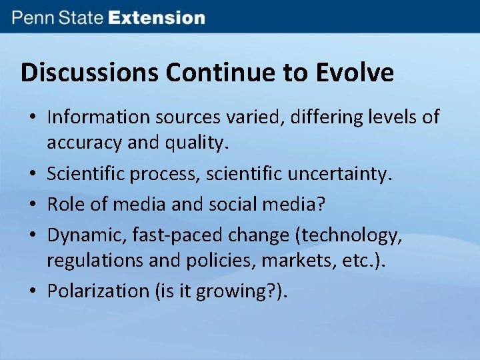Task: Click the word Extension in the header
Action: tap(157, 17)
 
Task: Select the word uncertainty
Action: tap(341, 175)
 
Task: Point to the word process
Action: tap(169, 175)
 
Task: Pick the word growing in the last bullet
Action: tap(233, 291)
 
